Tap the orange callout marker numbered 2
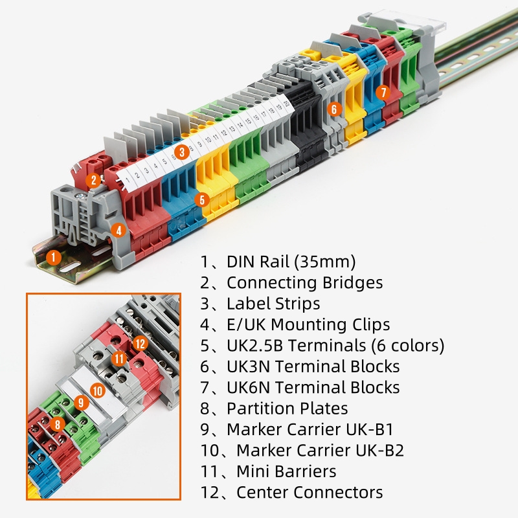tap(95, 181)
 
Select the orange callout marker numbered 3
tap(183, 152)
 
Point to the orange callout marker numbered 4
tap(118, 229)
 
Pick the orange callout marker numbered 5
tap(201, 200)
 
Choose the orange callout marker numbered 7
tap(383, 93)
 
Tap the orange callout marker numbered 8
tap(57, 425)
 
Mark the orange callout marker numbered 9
tap(80, 403)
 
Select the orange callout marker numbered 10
tap(98, 390)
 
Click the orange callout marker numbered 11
tap(118, 358)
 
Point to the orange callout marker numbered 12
tap(141, 344)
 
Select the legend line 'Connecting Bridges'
tap(304, 283)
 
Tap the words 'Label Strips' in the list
tap(273, 304)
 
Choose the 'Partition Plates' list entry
tap(287, 409)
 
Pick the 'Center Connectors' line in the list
tap(310, 492)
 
